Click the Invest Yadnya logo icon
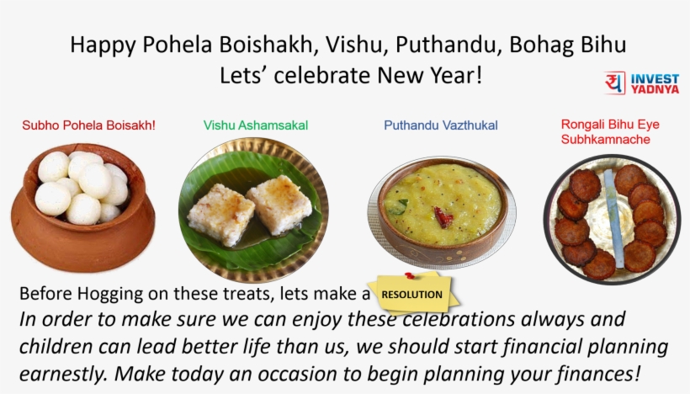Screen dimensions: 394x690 tap(615, 83)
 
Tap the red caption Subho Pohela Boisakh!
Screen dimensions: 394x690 tap(89, 125)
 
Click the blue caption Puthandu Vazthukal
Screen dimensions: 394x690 tap(441, 125)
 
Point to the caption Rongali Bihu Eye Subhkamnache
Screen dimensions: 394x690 tap(610, 132)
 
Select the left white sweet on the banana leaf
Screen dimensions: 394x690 tap(220, 213)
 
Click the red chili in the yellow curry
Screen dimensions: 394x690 tap(443, 218)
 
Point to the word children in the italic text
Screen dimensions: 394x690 tap(56, 347)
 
